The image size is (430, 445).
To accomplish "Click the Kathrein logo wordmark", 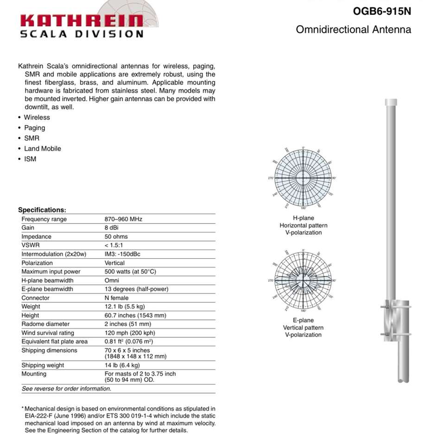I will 82,20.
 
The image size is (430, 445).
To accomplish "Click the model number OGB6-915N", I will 382,12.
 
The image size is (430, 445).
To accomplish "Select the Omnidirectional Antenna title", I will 353,30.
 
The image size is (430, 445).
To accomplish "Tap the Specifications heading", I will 42,210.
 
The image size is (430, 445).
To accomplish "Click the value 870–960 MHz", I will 123,219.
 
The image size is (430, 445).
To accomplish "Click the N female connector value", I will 117,298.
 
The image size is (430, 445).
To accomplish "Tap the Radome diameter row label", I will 45,324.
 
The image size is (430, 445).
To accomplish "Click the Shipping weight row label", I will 43,365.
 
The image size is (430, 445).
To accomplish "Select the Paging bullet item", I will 35,127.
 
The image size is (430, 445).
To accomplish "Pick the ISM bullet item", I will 30,159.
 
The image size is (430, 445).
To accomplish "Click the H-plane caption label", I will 304,218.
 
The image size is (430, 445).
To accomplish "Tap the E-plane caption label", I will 304,320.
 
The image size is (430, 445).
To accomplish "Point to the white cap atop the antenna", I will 392,102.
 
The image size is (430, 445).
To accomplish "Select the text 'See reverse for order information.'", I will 66,388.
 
